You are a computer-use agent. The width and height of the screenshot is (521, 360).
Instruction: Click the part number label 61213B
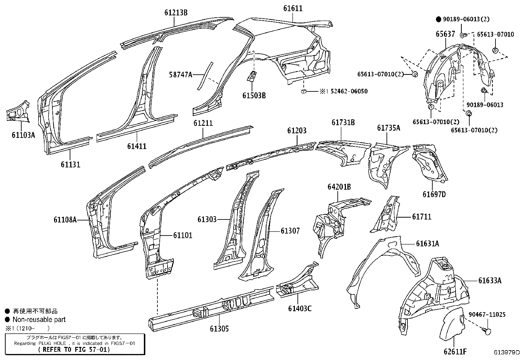click(x=176, y=13)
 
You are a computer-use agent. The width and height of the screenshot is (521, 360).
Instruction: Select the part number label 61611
click(x=293, y=9)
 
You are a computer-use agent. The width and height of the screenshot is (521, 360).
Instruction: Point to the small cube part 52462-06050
click(x=304, y=91)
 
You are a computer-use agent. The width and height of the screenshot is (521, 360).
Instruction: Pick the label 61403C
click(x=300, y=309)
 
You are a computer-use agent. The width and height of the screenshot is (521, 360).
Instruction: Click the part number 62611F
click(x=455, y=352)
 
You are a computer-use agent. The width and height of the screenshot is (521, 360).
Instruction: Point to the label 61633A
click(x=490, y=281)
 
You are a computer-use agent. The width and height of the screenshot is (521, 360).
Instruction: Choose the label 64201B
click(x=339, y=187)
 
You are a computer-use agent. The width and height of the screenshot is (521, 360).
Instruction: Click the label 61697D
click(x=434, y=195)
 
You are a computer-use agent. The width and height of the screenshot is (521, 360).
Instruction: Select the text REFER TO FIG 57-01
click(x=74, y=349)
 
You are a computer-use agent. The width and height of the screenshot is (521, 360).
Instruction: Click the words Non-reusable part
click(x=39, y=319)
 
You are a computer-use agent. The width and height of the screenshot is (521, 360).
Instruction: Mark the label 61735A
click(x=388, y=128)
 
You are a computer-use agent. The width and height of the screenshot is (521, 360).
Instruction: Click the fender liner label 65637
click(x=445, y=34)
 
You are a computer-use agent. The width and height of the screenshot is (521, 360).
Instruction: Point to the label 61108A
click(x=65, y=220)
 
